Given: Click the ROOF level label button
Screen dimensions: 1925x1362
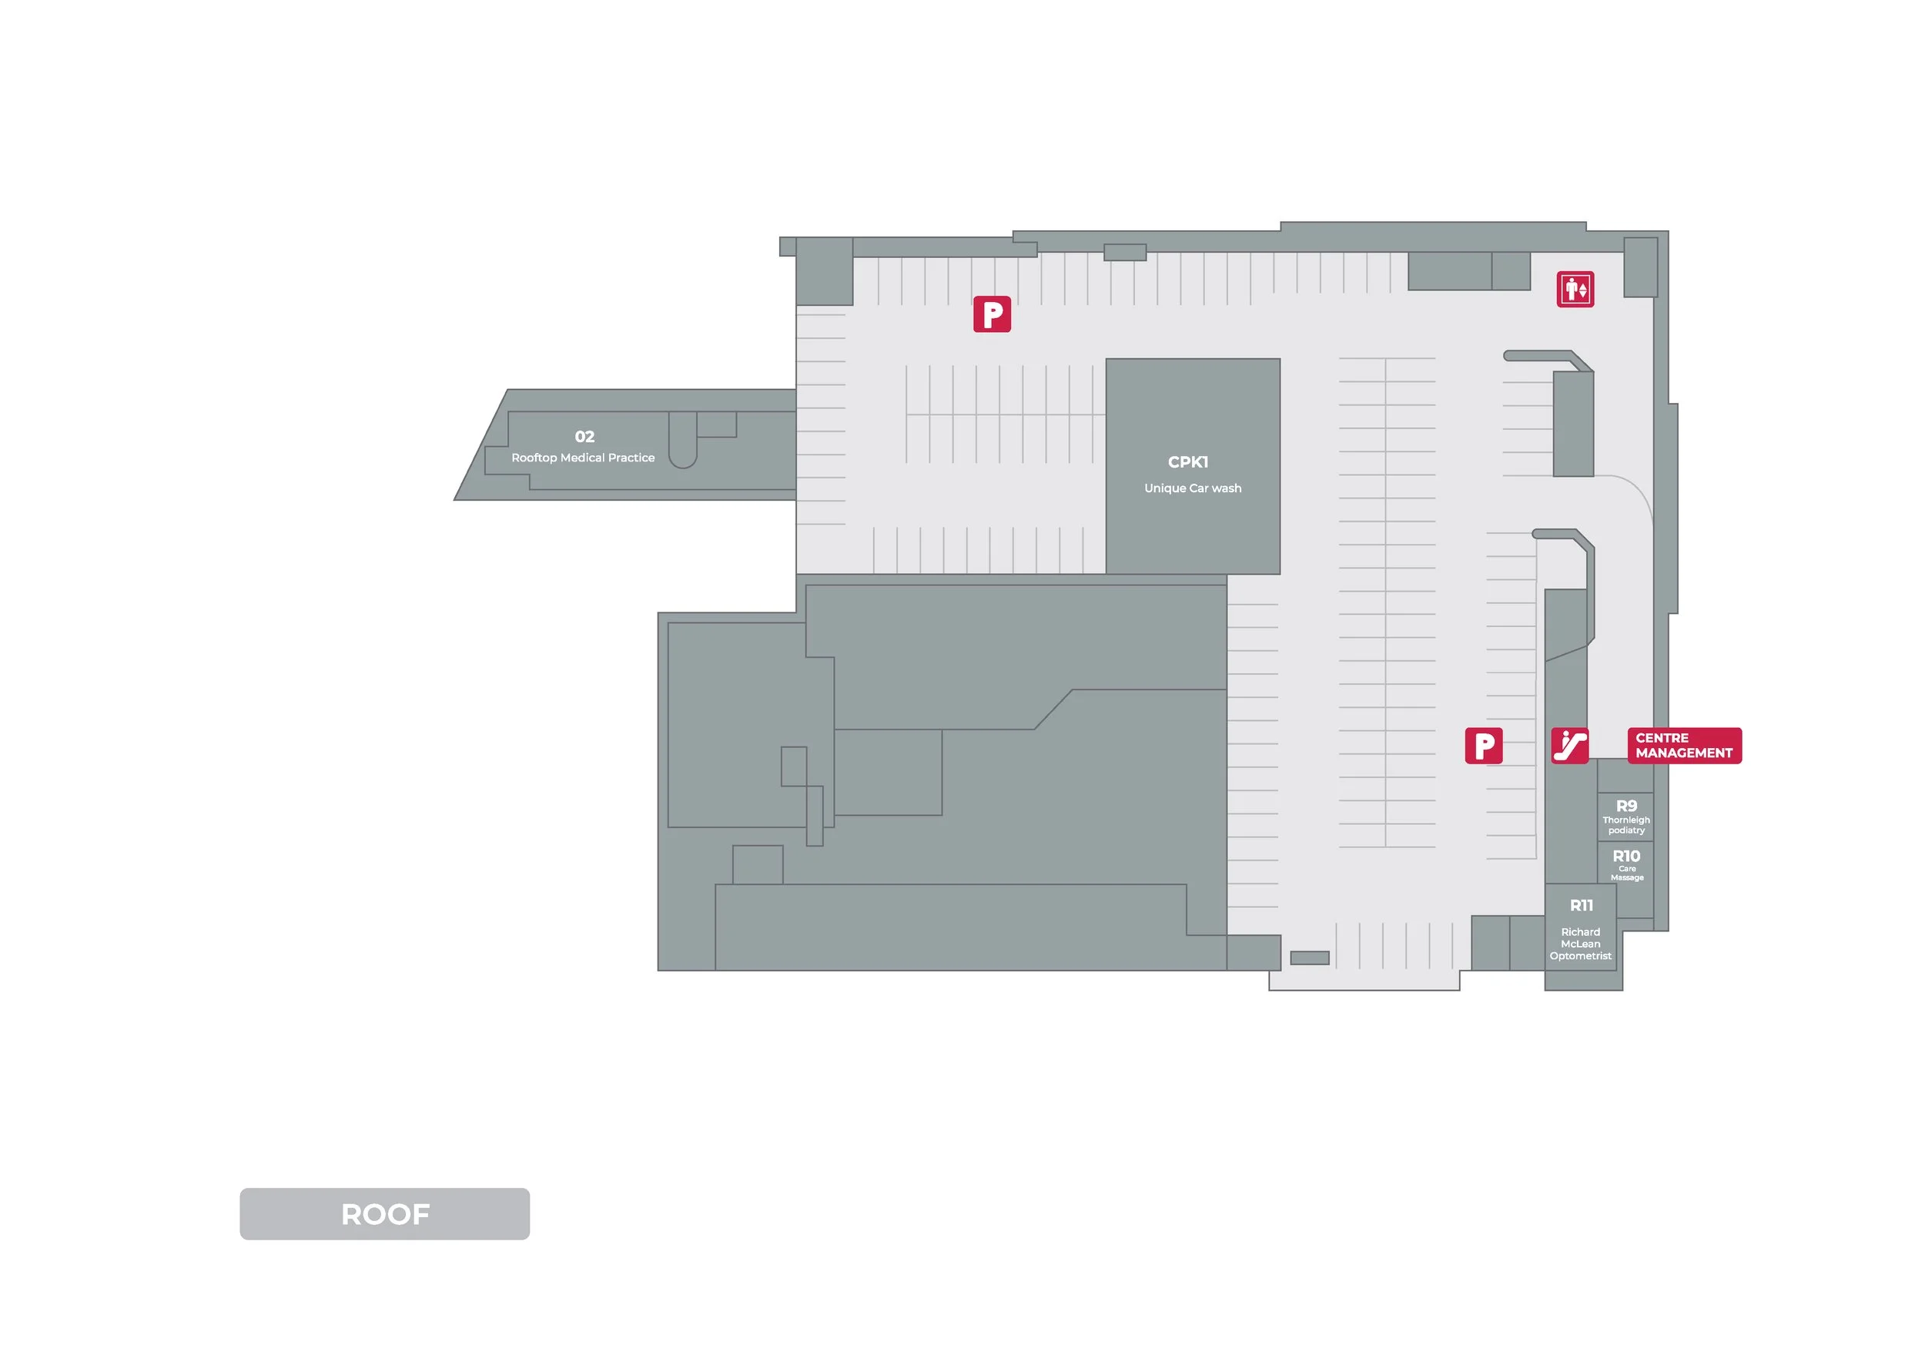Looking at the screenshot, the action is click(x=385, y=1213).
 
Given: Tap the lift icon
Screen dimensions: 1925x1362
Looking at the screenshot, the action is click(x=1575, y=290).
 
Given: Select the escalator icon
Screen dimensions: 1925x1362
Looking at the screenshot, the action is click(x=1569, y=746).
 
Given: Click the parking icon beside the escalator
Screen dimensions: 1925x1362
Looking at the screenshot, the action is click(x=1483, y=746).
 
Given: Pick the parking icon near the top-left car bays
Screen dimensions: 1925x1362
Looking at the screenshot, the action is click(x=992, y=314).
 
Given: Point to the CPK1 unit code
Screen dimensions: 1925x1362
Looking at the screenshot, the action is click(x=1188, y=462).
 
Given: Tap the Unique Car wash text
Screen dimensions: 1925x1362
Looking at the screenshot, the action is click(x=1192, y=488).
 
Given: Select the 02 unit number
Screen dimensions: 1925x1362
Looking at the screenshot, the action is click(x=584, y=437).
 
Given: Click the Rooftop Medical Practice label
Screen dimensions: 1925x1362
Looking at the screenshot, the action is click(x=583, y=458).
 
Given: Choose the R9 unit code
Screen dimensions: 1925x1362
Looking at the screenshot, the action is click(x=1626, y=806).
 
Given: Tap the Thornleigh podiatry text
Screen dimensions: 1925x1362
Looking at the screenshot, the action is click(x=1626, y=825).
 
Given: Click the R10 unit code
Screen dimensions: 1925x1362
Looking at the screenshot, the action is click(x=1626, y=857).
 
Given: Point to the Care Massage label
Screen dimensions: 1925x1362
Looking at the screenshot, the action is click(x=1626, y=873).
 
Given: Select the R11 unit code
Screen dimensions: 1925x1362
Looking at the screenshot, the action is click(x=1582, y=906).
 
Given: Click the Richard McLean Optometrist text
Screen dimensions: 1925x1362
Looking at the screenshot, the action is click(x=1580, y=944).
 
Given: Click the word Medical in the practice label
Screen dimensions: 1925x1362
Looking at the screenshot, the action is click(x=583, y=458).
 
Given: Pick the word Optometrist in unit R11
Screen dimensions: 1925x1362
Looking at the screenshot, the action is click(x=1580, y=956).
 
